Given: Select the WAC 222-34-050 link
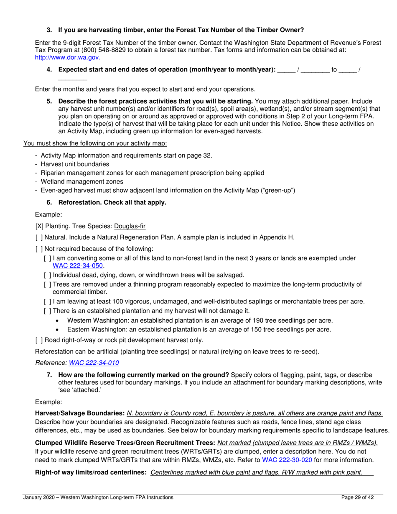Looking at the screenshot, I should click(x=78, y=266).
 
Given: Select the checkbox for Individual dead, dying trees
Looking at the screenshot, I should click(x=48, y=275).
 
